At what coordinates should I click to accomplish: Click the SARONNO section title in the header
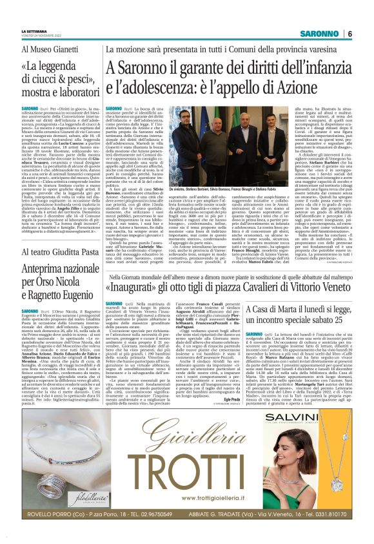(320, 34)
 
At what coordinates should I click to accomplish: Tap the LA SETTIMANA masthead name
(35, 30)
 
